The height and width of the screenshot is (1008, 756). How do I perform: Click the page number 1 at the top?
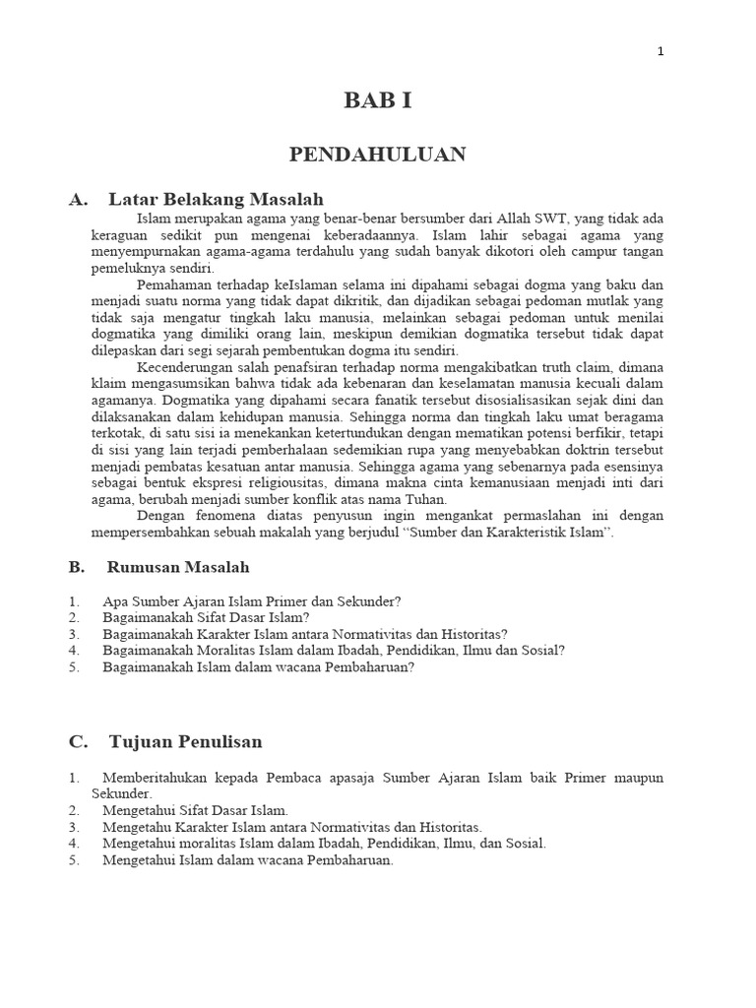[661, 52]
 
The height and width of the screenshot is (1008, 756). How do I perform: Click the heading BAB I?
[377, 101]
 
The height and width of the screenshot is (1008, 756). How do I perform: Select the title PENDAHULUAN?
[377, 155]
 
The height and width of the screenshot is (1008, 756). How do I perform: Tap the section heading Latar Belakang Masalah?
[216, 199]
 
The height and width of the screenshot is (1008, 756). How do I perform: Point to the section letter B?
[75, 567]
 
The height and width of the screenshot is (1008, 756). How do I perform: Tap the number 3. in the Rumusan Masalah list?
[74, 634]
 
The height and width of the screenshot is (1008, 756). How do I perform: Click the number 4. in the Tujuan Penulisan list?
[74, 844]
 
